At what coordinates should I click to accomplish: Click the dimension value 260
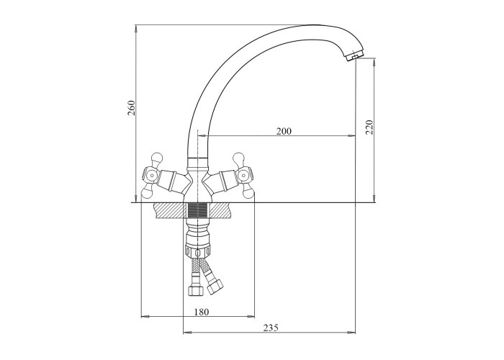pyautogui.click(x=132, y=108)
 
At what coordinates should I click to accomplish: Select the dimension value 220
pyautogui.click(x=369, y=127)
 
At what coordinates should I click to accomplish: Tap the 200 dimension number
pyautogui.click(x=284, y=131)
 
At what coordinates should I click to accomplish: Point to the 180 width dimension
pyautogui.click(x=202, y=312)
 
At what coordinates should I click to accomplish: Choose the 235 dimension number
pyautogui.click(x=271, y=328)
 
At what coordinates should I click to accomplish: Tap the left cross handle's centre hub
pyautogui.click(x=151, y=176)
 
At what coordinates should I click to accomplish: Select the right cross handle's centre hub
pyautogui.click(x=243, y=176)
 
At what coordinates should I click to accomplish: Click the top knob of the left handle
pyautogui.click(x=157, y=158)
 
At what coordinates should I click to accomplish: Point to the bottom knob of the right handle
pyautogui.click(x=247, y=193)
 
